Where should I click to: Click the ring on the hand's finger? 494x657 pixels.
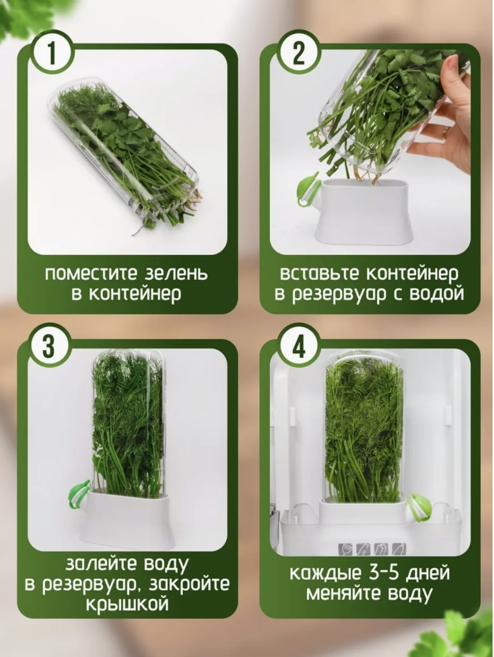point(446,131)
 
